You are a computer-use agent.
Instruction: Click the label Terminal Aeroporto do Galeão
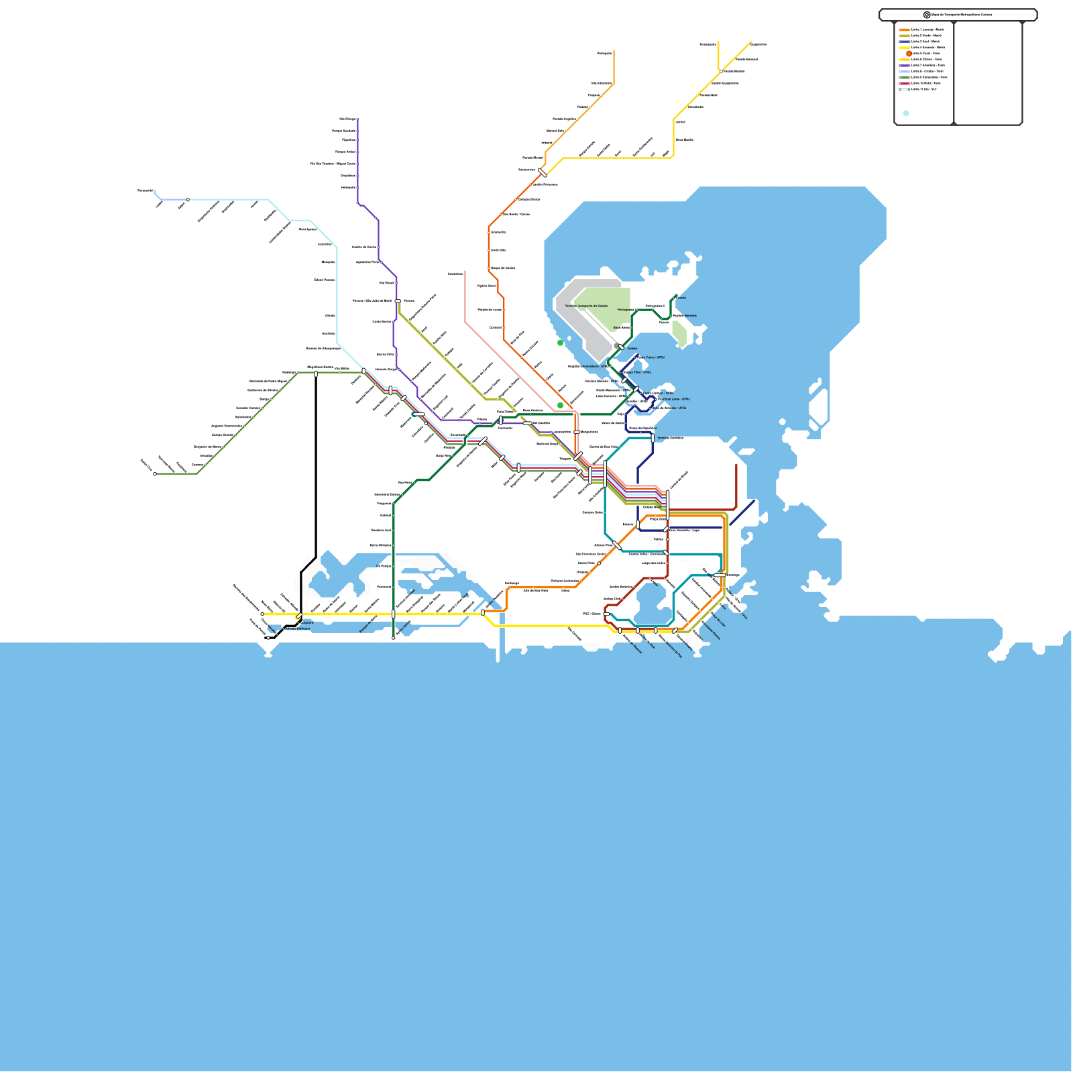click(586, 306)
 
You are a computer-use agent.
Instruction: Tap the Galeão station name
click(632, 349)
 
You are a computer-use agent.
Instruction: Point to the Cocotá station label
click(681, 298)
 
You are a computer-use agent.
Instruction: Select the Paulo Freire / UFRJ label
click(651, 357)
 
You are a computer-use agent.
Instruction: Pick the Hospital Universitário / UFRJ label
click(588, 366)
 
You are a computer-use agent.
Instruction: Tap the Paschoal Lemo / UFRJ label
click(673, 399)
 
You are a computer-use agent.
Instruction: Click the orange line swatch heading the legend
click(904, 30)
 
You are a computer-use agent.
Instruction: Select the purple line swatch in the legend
click(904, 65)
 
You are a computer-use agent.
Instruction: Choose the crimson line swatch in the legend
click(904, 83)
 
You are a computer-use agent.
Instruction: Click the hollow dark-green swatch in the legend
click(904, 89)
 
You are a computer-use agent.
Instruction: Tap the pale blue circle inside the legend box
click(906, 113)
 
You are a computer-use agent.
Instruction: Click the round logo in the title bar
click(927, 15)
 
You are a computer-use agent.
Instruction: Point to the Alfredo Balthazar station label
click(298, 628)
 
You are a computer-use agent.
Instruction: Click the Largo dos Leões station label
click(653, 563)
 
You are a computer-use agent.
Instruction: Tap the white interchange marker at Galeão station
click(621, 347)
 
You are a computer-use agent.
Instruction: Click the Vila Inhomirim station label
click(601, 84)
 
